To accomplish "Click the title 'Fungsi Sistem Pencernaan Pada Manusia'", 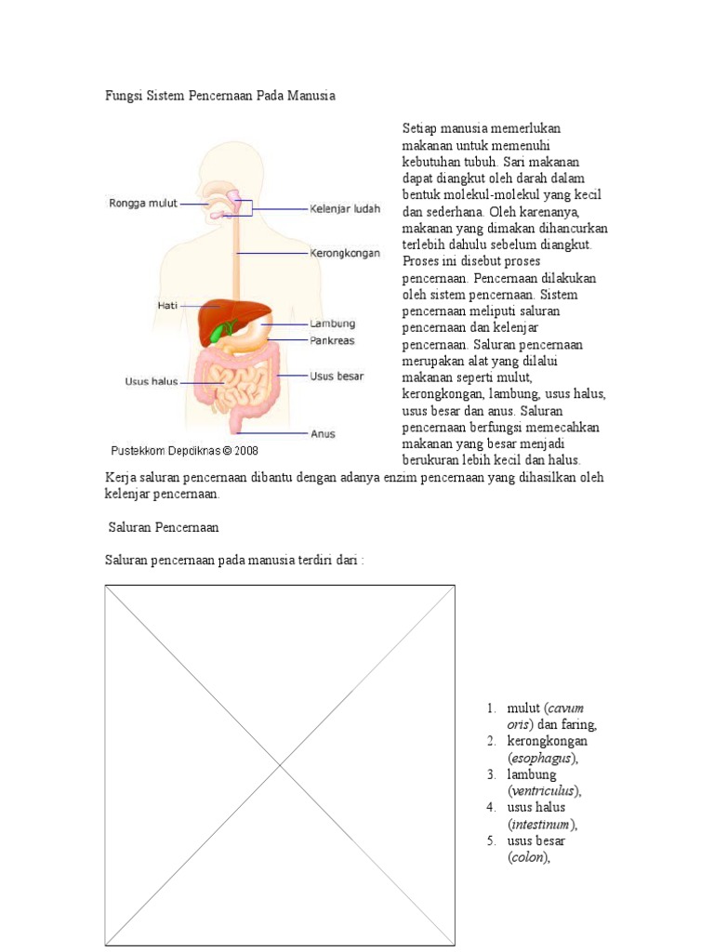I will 218,96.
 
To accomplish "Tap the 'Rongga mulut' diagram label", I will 144,203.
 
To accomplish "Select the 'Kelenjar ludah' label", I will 344,209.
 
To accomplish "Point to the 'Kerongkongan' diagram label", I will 344,252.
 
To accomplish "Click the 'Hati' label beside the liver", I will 167,304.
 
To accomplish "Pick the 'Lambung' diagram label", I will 333,324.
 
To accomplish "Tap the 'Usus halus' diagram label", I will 152,380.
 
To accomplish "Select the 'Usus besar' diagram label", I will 337,377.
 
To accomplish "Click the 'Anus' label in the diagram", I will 324,433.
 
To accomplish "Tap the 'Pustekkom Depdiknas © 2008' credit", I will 184,450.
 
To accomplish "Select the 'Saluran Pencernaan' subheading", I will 164,527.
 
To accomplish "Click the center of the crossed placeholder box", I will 280,765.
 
